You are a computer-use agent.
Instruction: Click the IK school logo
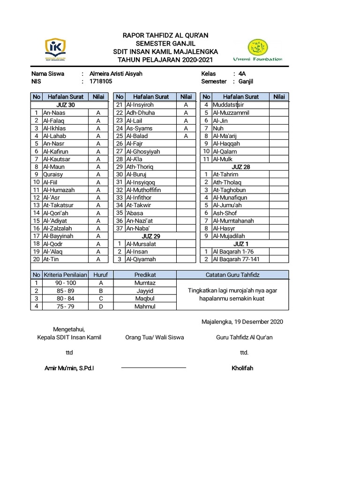point(55,50)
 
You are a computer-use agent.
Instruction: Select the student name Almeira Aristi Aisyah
point(116,74)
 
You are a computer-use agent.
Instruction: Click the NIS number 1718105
point(101,82)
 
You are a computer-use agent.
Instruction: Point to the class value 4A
point(242,74)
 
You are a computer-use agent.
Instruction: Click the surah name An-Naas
point(54,113)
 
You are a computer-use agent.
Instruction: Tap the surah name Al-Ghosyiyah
point(143,151)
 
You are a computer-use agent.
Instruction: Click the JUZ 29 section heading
point(151,236)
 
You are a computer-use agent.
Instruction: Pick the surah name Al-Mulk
point(223,159)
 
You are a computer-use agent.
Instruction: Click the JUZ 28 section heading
point(240,167)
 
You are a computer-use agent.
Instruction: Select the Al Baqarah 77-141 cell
point(236,259)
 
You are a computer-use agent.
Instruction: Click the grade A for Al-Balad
point(186,136)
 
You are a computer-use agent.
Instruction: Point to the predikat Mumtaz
point(145,283)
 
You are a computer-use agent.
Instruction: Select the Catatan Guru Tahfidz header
point(232,275)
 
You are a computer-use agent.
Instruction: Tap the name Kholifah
point(242,368)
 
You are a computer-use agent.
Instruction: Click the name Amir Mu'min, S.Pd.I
point(69,368)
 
